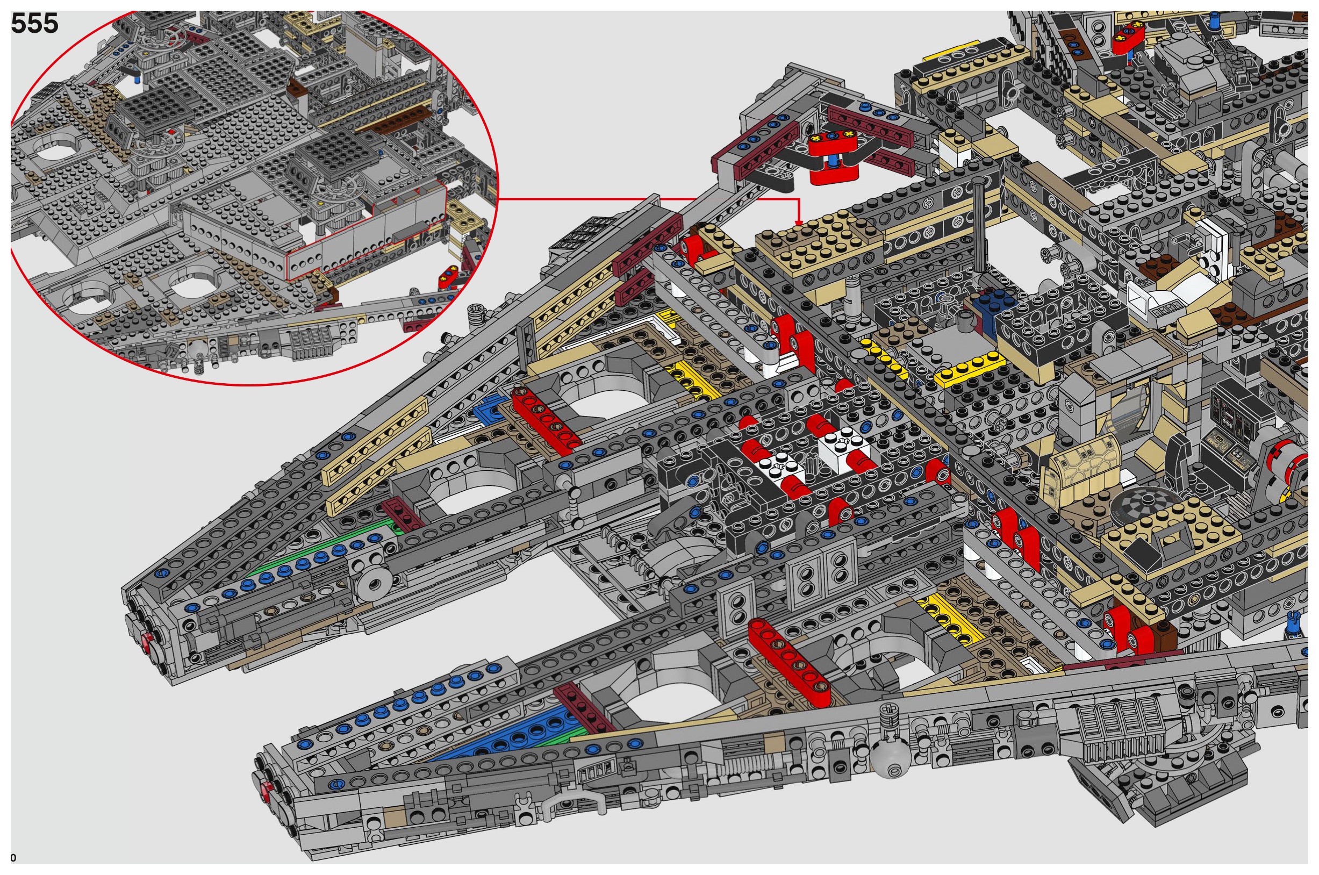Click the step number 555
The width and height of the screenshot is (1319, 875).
tap(34, 24)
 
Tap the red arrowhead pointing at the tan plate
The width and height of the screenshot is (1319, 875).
tap(798, 223)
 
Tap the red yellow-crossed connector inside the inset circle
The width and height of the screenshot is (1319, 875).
tap(450, 276)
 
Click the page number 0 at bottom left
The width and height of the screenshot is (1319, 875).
tap(13, 858)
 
